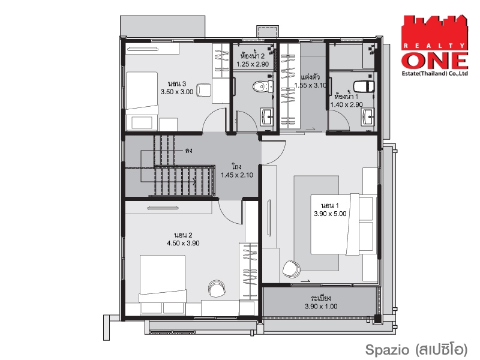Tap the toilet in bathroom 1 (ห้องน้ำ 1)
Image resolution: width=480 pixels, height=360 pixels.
[x=364, y=86]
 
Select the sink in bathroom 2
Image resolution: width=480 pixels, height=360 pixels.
[x=267, y=116]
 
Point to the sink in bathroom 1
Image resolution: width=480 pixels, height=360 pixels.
[x=367, y=117]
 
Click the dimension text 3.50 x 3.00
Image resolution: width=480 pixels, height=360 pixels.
[x=177, y=92]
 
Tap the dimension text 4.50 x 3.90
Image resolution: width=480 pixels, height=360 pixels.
[x=183, y=244]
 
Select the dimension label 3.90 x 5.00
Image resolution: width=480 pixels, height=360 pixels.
[x=330, y=214]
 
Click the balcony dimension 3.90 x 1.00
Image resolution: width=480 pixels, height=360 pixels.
[x=321, y=307]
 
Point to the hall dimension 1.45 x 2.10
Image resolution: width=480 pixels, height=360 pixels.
[x=237, y=175]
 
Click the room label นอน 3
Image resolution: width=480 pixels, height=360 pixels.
[x=177, y=83]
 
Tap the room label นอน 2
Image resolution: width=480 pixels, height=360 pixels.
[x=183, y=235]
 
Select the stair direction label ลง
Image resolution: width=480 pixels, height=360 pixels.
[x=188, y=151]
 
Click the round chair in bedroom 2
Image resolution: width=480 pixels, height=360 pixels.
[x=217, y=289]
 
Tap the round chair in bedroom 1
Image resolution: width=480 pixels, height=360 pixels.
[x=292, y=269]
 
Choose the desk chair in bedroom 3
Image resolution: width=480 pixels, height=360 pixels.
[x=203, y=90]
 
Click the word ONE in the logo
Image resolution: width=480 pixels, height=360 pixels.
[x=434, y=61]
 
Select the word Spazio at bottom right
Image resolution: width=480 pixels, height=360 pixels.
[x=387, y=350]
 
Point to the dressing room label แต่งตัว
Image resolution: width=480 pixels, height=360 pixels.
[x=310, y=77]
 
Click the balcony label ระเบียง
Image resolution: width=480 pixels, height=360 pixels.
[x=321, y=298]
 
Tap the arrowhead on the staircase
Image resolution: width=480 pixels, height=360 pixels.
[x=194, y=182]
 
